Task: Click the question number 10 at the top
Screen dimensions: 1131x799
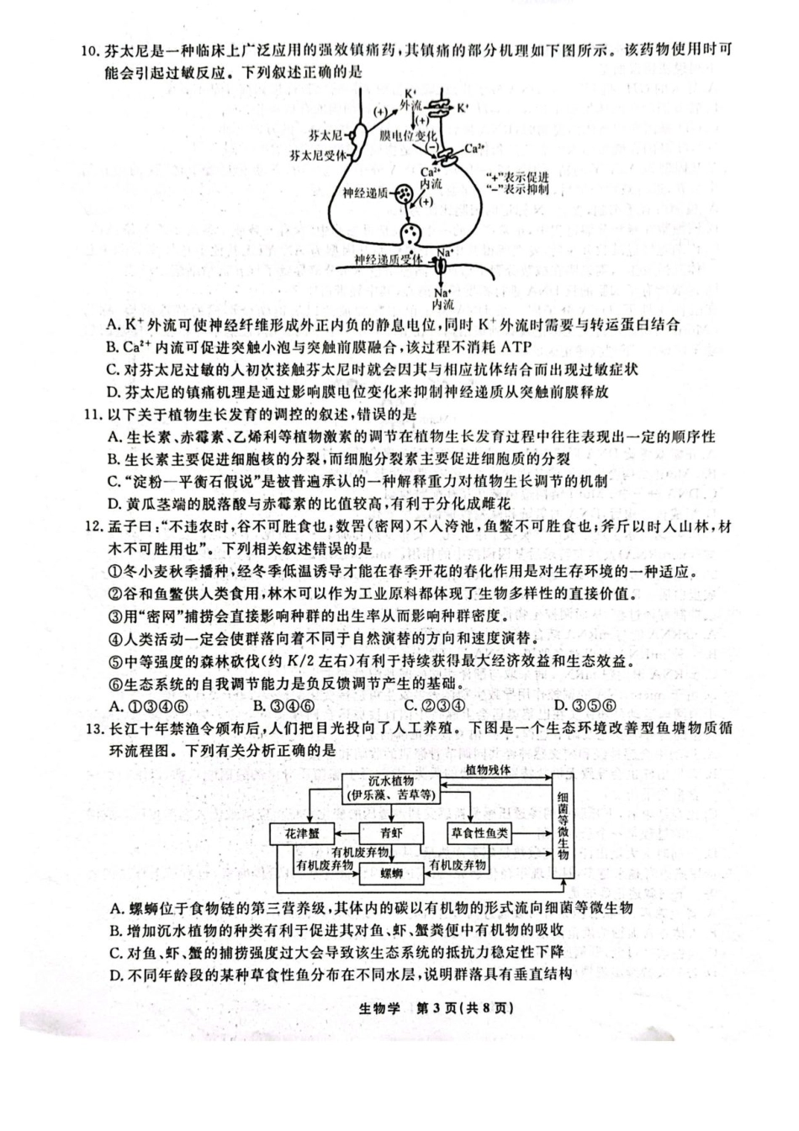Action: pyautogui.click(x=90, y=50)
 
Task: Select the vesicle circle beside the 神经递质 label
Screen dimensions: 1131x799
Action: pyautogui.click(x=405, y=194)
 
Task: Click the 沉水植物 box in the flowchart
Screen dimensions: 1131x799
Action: pyautogui.click(x=392, y=788)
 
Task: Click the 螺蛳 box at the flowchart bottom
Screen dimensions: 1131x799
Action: pyautogui.click(x=391, y=874)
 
